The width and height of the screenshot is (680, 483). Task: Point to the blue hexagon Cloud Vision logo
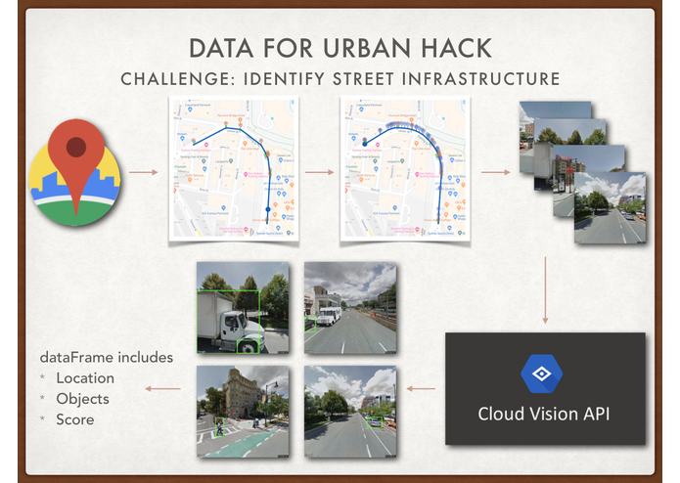pos(541,374)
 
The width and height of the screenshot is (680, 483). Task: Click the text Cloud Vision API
pos(544,414)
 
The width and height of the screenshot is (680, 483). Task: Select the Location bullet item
pos(85,378)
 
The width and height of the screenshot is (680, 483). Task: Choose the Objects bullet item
pos(82,399)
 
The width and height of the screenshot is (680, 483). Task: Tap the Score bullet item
pos(75,419)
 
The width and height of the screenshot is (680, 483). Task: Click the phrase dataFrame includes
pos(106,357)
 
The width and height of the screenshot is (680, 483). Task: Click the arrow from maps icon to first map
pos(143,173)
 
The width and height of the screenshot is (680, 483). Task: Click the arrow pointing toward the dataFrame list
pos(163,389)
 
